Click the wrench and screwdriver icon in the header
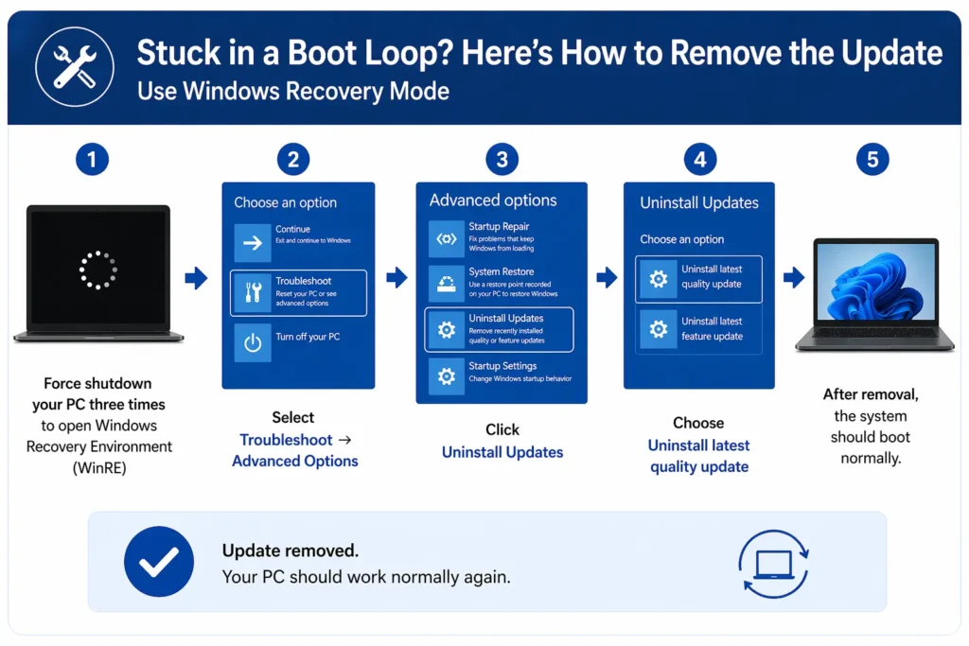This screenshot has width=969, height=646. tap(74, 65)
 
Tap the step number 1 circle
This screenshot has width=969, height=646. tap(92, 160)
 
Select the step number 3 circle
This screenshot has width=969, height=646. tap(502, 160)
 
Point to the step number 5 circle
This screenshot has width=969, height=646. tap(872, 160)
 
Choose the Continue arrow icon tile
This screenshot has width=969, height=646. tap(253, 243)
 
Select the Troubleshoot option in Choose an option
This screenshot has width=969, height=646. tap(298, 293)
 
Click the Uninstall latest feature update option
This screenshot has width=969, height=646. tap(698, 330)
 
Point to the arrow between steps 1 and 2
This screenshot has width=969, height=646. tap(196, 278)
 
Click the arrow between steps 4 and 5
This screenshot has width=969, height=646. tap(794, 278)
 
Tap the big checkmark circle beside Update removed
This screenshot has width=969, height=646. tap(158, 562)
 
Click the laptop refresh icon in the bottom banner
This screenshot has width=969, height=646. tap(773, 564)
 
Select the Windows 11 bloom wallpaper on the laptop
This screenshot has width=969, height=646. tap(876, 282)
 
